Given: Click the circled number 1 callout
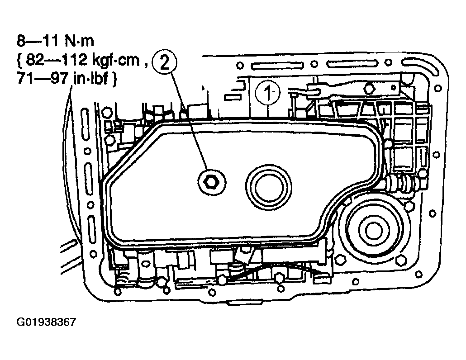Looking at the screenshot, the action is point(268,93).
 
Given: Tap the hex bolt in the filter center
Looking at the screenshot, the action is point(212,183).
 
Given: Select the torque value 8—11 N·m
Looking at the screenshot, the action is point(56,41).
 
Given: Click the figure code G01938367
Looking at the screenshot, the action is point(46,322).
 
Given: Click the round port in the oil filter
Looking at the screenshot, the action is point(268,188).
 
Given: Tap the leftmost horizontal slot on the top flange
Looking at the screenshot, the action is point(277,65).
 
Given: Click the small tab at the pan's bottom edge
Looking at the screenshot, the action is point(244,303).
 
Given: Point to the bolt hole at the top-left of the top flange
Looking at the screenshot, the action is point(240,65).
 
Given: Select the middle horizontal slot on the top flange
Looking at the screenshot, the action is point(352,64).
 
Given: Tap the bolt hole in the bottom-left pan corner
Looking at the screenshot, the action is point(118,292).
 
